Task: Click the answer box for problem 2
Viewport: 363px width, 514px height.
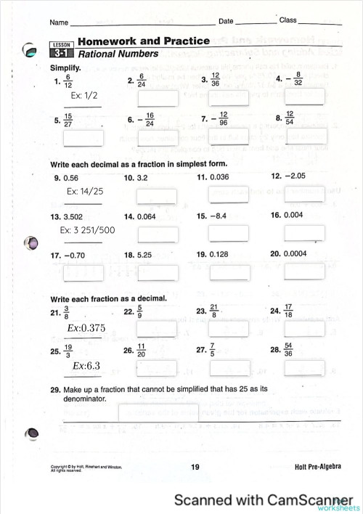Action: point(158,98)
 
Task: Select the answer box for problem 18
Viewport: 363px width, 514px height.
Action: point(158,272)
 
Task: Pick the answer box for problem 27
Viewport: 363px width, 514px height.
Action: point(229,367)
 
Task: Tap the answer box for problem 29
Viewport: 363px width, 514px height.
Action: point(158,412)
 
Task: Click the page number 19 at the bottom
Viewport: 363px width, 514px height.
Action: point(195,468)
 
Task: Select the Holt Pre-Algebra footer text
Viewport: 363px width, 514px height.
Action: point(318,467)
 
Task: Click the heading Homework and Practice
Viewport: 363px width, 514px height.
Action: point(143,41)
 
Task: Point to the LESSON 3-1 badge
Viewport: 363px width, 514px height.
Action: point(61,49)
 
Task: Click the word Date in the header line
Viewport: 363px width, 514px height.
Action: point(226,22)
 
